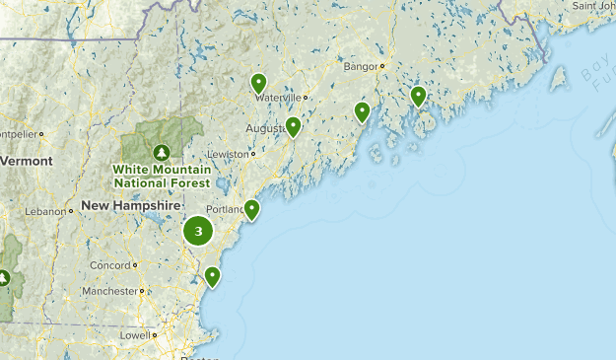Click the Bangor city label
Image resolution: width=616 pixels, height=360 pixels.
tap(361, 67)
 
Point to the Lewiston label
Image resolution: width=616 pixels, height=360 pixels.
tap(228, 155)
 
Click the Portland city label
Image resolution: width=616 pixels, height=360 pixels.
tap(225, 208)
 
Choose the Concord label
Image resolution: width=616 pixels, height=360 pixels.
tap(109, 265)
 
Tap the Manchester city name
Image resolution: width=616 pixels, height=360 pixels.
tap(109, 291)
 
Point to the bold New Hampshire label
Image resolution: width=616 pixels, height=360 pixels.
tap(131, 205)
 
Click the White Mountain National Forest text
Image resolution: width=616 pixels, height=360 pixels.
tap(162, 177)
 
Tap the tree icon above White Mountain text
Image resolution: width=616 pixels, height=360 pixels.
tap(162, 151)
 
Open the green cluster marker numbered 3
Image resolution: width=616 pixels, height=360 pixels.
tap(199, 232)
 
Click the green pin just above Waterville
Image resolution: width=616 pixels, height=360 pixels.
tap(258, 83)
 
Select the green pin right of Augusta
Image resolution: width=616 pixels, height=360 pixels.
tap(293, 125)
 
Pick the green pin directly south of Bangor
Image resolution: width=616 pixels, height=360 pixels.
tap(362, 110)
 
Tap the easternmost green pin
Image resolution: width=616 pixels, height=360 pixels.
tap(418, 95)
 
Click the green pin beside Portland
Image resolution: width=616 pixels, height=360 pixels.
tap(251, 208)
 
